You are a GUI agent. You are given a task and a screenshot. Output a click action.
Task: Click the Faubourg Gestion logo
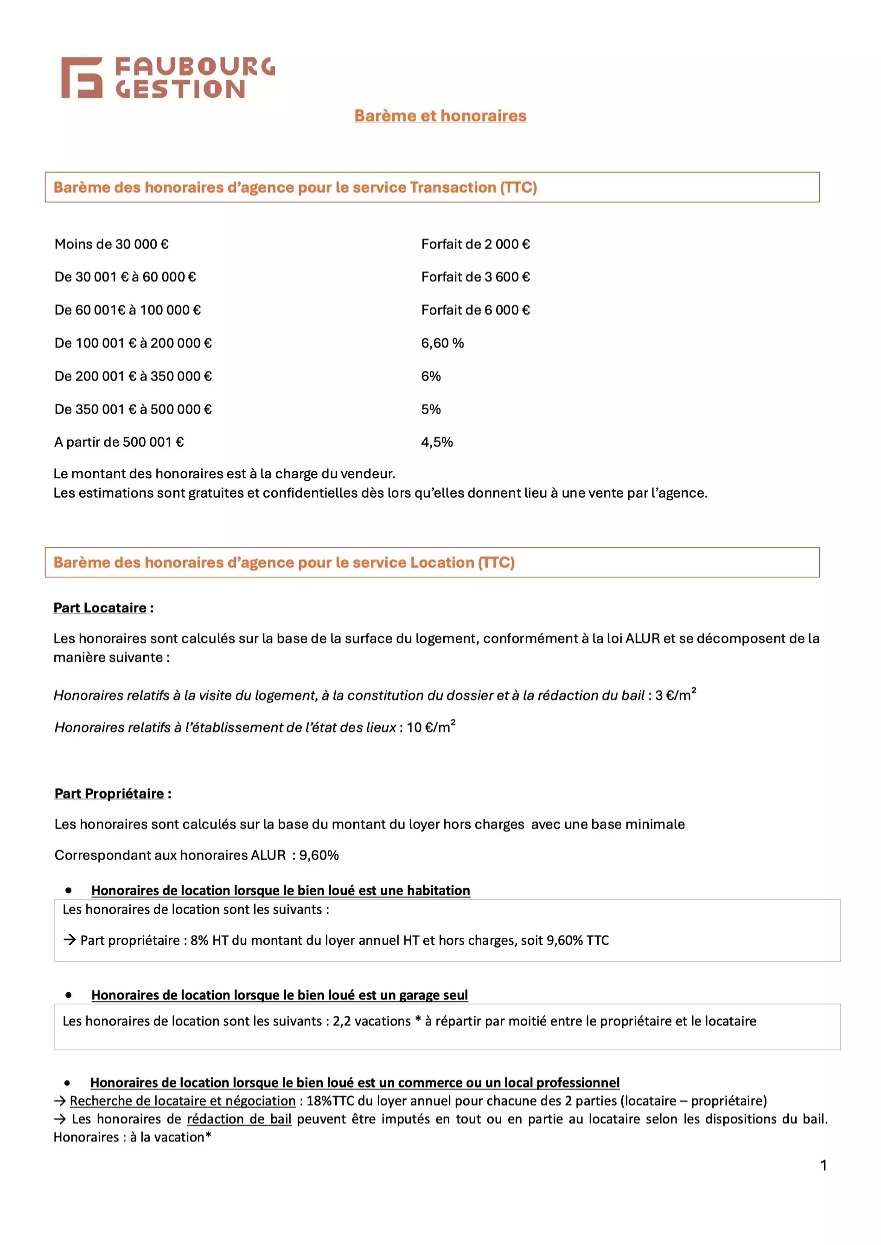(x=168, y=77)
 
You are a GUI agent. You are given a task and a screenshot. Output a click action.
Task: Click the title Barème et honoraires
(x=440, y=115)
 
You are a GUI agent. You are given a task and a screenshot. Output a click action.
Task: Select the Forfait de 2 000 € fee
(x=475, y=244)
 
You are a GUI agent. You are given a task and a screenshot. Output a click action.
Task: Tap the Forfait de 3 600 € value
(x=475, y=277)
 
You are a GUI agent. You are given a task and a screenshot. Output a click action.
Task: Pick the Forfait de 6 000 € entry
(x=475, y=310)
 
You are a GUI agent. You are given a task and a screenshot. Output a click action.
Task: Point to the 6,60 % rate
(x=442, y=343)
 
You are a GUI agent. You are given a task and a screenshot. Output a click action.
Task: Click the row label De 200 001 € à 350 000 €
(x=133, y=376)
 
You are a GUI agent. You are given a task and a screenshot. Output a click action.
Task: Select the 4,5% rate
(x=437, y=442)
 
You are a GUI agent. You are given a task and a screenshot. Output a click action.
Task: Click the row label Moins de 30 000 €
(x=111, y=244)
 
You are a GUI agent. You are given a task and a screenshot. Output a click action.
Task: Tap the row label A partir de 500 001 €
(x=119, y=442)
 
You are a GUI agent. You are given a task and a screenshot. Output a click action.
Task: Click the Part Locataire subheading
(x=100, y=608)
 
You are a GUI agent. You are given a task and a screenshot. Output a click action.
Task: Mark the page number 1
(x=824, y=1165)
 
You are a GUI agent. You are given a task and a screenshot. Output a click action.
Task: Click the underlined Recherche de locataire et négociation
(x=183, y=1101)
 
